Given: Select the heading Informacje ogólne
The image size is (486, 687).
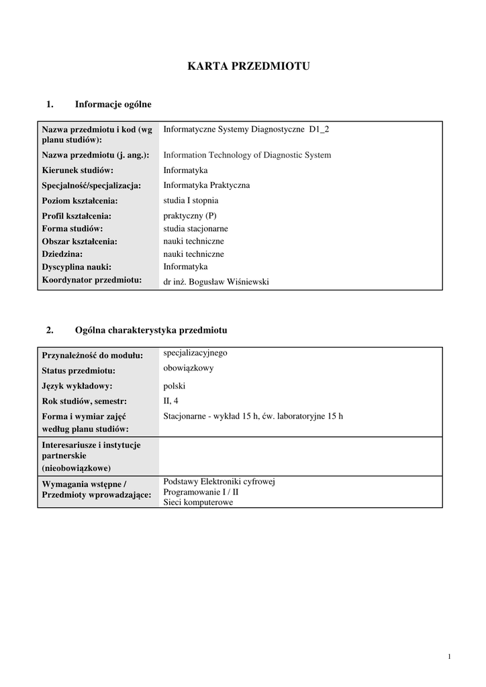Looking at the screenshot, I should (x=113, y=104).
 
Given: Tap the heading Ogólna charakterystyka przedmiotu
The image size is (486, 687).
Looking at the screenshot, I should (x=151, y=330).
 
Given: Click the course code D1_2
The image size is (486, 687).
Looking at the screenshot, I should (x=319, y=129).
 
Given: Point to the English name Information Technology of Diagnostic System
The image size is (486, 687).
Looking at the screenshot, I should (x=247, y=155).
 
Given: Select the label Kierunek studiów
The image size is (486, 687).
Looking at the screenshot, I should (x=77, y=170).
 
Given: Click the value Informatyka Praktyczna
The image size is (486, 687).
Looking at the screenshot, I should (x=207, y=185).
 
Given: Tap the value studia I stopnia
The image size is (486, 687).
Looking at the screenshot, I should (x=191, y=200).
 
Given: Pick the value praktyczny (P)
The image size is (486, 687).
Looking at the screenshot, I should (x=190, y=216).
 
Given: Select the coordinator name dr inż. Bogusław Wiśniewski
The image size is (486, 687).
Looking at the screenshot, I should (x=216, y=282).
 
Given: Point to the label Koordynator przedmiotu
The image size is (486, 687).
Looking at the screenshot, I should (x=91, y=280).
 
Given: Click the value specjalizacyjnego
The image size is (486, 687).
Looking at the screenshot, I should (x=195, y=353).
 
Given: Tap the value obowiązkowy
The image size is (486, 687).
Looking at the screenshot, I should (x=188, y=368).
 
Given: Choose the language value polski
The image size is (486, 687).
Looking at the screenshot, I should (x=174, y=386).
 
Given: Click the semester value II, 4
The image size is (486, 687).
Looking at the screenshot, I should (x=171, y=401).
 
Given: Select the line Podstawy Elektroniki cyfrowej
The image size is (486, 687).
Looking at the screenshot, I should (x=220, y=482).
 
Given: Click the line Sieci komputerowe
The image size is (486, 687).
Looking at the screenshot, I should (x=198, y=502).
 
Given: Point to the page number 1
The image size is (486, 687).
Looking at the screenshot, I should (x=449, y=656).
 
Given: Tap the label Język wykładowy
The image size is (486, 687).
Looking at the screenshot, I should (x=77, y=386).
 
